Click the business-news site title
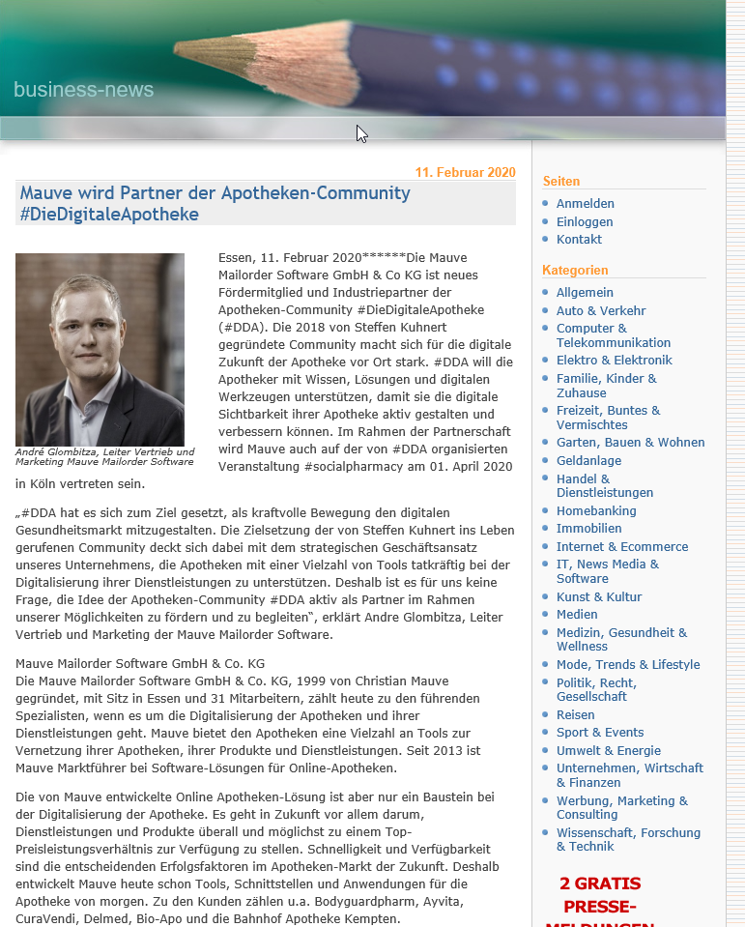pyautogui.click(x=83, y=90)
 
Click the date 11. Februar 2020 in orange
pyautogui.click(x=465, y=173)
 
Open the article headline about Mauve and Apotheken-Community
pyautogui.click(x=215, y=203)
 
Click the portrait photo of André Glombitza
pyautogui.click(x=100, y=349)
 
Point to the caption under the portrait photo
pyautogui.click(x=104, y=456)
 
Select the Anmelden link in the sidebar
pyautogui.click(x=585, y=204)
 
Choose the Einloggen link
pyautogui.click(x=584, y=221)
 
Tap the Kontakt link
pyautogui.click(x=579, y=239)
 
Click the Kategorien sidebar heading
pyautogui.click(x=575, y=270)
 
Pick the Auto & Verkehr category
pyautogui.click(x=600, y=310)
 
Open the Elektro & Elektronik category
pyautogui.click(x=614, y=360)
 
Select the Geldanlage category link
pyautogui.click(x=588, y=460)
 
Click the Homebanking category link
pyautogui.click(x=596, y=510)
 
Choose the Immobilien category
pyautogui.click(x=588, y=529)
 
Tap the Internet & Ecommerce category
pyautogui.click(x=621, y=546)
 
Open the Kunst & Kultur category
pyautogui.click(x=598, y=596)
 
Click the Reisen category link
pyautogui.click(x=575, y=714)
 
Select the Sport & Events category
pyautogui.click(x=599, y=732)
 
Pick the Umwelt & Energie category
pyautogui.click(x=608, y=750)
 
